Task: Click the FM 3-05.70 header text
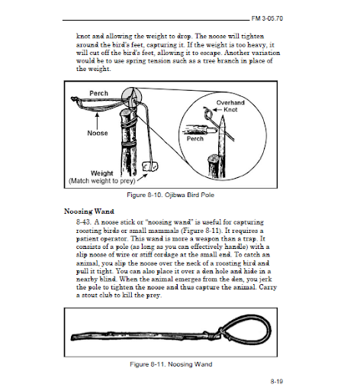[x=267, y=18]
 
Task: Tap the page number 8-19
[x=277, y=381]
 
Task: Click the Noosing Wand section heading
[x=89, y=212]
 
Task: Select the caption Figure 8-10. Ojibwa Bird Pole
[x=171, y=195]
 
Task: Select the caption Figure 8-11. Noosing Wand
[x=171, y=364]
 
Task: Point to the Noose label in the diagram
[x=98, y=133]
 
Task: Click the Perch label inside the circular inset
[x=195, y=139]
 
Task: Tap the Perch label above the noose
[x=98, y=93]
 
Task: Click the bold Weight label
[x=102, y=173]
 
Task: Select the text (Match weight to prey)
[x=101, y=181]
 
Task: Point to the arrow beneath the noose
[x=97, y=121]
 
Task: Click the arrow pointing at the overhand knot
[x=217, y=110]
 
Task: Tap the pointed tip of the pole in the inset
[x=223, y=116]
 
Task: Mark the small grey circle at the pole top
[x=131, y=98]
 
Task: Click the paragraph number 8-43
[x=83, y=222]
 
